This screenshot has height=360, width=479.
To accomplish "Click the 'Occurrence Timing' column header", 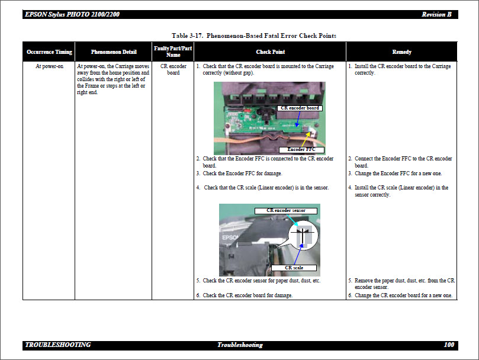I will pos(49,52).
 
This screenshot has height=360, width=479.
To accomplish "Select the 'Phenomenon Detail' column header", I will pos(114,52).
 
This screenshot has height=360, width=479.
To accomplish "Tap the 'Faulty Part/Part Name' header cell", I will pos(173,52).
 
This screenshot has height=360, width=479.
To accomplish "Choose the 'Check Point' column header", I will pos(270,52).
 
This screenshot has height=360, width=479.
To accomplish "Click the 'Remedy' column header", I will pos(401,52).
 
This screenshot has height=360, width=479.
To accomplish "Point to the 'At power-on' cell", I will pos(49,66).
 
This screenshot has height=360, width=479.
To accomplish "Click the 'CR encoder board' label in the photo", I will pos(300,108).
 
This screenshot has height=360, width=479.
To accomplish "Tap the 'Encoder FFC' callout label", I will pos(301,150).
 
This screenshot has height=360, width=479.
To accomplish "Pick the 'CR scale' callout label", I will pos(294,268).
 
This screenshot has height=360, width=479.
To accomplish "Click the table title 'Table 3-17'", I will pos(253,36).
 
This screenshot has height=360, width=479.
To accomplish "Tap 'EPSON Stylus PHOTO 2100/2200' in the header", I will pos(72,14).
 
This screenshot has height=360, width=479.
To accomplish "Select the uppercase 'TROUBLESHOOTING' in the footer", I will pos(58,345).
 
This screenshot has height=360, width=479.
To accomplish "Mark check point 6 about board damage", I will pos(247,295).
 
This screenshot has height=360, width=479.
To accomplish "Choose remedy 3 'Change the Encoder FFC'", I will pos(398,173).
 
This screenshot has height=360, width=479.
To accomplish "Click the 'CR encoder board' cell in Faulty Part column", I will pos(173,69).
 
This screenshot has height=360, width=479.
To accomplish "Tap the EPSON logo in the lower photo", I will pos(229,236).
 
